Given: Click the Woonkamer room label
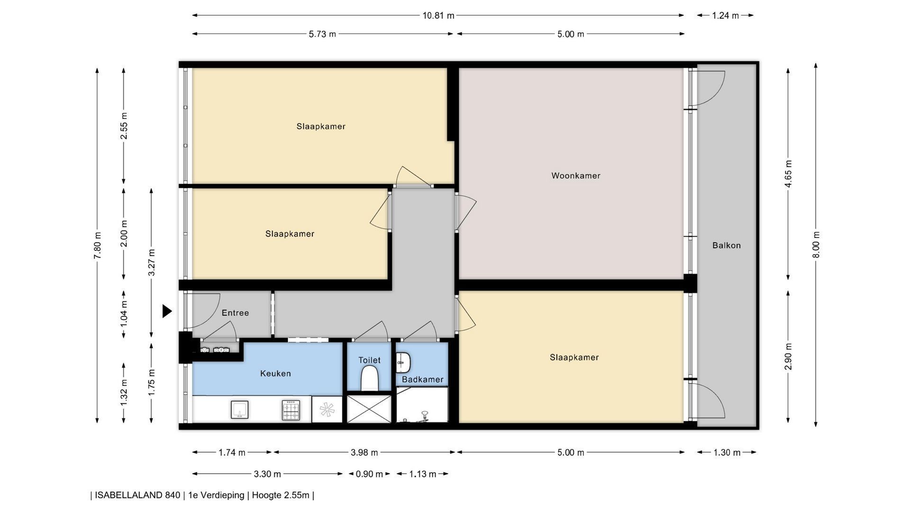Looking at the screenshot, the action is point(576,175).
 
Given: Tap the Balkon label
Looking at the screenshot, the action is point(726,245).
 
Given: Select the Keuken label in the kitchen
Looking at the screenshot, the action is point(275,374).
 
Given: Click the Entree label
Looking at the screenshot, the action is point(235,313).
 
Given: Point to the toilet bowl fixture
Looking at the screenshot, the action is point(369,380).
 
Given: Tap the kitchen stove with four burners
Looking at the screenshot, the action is point(291,410).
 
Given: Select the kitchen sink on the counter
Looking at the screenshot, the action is point(239,410).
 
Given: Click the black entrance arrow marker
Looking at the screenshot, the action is point(167,311).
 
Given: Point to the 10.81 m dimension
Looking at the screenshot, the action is point(438,16).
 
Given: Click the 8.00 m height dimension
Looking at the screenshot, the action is point(816,245).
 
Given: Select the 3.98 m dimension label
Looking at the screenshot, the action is point(364,453).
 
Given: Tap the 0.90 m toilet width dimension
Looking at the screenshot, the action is point(369,474).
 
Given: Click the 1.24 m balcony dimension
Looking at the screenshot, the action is point(725,16).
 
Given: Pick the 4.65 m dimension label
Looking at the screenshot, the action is point(788,174).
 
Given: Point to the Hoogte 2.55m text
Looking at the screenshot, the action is point(281,495).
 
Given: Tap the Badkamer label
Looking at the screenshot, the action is point(423,380).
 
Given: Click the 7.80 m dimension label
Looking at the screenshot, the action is point(98,245).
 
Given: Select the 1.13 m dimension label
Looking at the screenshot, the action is point(422,474).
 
